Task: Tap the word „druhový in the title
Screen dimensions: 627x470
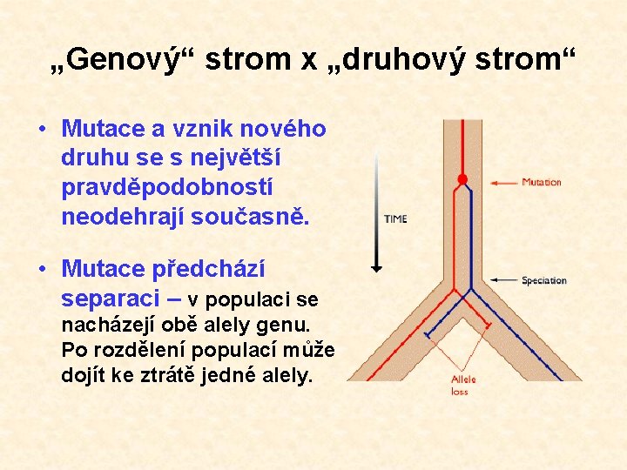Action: coord(396,60)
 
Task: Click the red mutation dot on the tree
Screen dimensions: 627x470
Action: coord(462,179)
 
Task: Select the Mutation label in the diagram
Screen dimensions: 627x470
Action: coord(542,182)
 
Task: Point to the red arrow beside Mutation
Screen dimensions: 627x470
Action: coord(504,183)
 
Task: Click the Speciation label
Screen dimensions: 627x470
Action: coord(544,280)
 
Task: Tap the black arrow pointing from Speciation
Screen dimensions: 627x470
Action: coord(504,279)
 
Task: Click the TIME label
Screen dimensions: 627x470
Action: coord(395,219)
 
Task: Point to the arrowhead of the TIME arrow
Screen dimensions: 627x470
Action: coord(376,269)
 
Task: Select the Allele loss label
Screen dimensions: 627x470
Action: coord(463,386)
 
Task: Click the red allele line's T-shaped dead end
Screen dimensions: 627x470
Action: coord(488,325)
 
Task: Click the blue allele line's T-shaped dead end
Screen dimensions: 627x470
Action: coord(428,334)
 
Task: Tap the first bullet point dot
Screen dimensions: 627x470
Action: coord(43,129)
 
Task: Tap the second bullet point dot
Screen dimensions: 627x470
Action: coord(43,269)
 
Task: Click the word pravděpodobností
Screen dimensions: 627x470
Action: coord(167,188)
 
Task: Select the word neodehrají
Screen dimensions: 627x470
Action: coord(123,217)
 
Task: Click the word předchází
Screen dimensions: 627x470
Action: coord(208,269)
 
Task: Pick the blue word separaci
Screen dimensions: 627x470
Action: coord(111,299)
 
